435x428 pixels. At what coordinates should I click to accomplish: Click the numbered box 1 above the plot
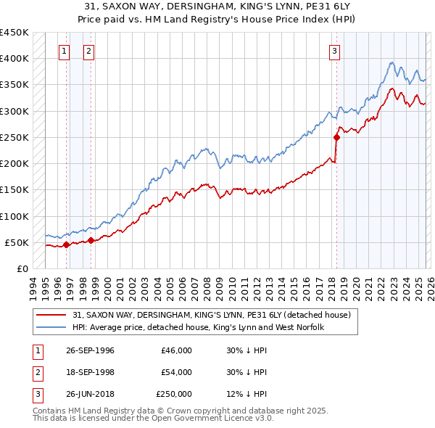point(65,51)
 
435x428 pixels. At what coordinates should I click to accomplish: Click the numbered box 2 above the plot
point(88,51)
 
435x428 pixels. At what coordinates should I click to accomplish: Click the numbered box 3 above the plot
point(334,51)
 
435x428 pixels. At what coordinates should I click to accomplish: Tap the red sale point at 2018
point(336,137)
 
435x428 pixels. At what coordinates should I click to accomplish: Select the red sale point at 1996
point(66,244)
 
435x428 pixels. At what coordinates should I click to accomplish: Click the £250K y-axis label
point(14,137)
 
